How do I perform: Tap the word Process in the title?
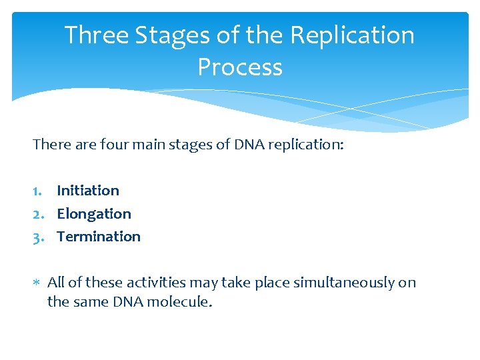[240, 67]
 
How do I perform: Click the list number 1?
[37, 191]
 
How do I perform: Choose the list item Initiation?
[88, 191]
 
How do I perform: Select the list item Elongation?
[94, 214]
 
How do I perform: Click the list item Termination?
[99, 237]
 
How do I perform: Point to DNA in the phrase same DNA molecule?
[129, 302]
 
